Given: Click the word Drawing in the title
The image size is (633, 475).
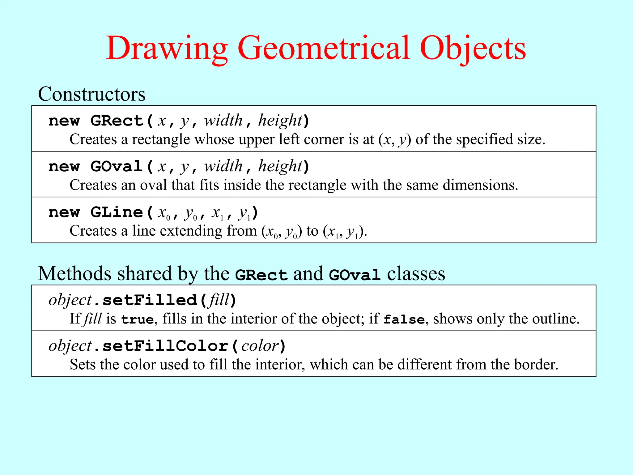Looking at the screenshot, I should (x=167, y=49).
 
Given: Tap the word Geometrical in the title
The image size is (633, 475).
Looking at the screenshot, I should (x=324, y=49).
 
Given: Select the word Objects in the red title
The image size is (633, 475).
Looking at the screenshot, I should (x=473, y=49).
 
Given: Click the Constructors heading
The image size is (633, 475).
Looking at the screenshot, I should (x=91, y=94).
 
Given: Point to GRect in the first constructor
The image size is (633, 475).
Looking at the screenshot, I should (x=117, y=121).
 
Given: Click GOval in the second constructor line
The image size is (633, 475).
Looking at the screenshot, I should (x=117, y=166).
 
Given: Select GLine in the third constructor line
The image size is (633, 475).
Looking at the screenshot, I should (x=117, y=212).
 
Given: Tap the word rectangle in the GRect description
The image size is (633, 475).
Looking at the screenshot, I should (x=161, y=139).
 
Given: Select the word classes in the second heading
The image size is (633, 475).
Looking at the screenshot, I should (x=416, y=274).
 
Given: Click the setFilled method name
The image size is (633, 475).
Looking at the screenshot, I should (x=150, y=300).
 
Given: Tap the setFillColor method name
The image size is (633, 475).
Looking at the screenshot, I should (x=165, y=346).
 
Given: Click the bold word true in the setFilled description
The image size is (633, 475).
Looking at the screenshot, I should (x=138, y=319).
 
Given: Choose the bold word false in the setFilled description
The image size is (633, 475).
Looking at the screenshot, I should (x=404, y=319).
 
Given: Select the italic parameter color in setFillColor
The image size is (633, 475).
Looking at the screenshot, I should (x=260, y=346).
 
